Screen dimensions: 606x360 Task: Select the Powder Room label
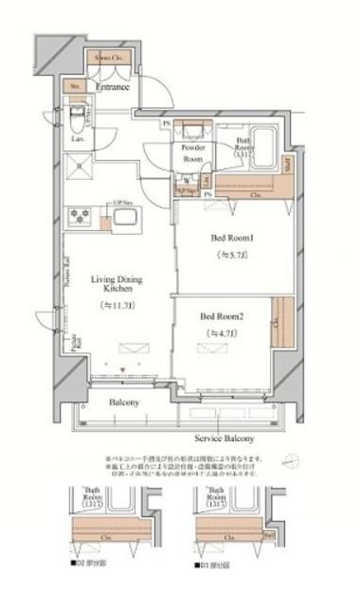[194, 154]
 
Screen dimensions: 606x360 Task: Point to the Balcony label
[123, 402]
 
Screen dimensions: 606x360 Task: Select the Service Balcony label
[223, 438]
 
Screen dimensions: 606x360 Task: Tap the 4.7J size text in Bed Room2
[222, 332]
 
